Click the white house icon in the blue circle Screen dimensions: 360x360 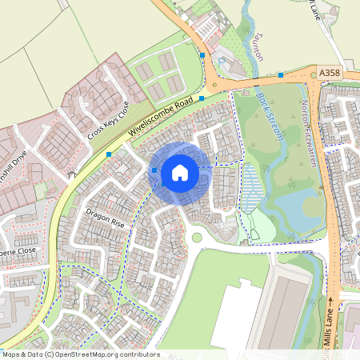pos(180,172)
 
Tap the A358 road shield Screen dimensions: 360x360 pos(330,73)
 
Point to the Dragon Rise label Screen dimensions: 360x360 pos(106,218)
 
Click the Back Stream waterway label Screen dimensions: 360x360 pos(271,117)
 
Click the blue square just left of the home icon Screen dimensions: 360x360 pos(154,170)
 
